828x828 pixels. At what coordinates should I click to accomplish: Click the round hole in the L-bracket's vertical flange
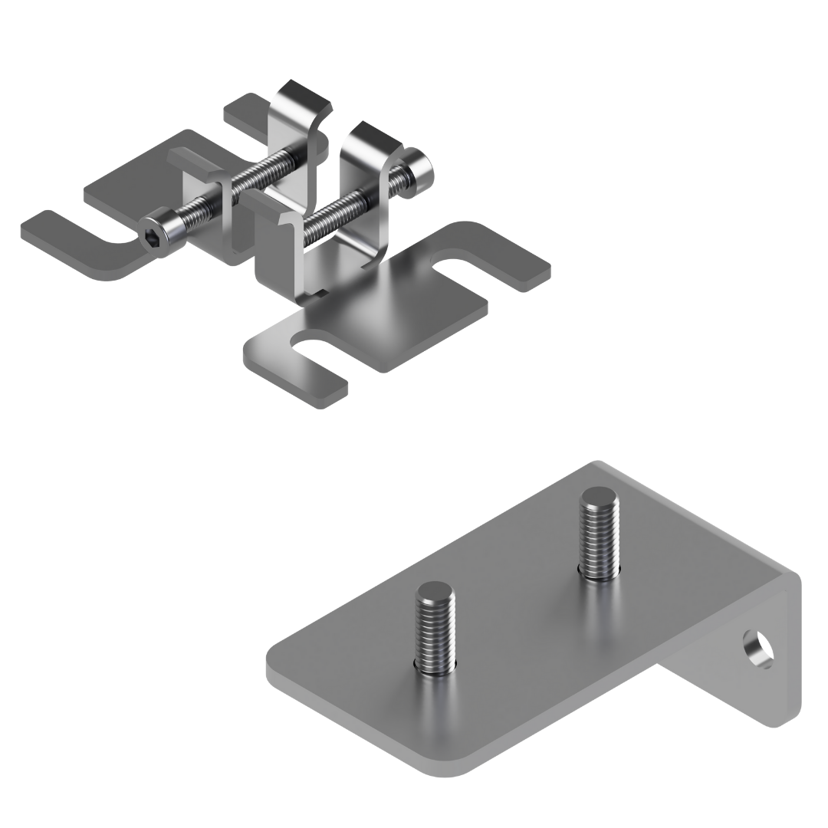[x=760, y=648]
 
